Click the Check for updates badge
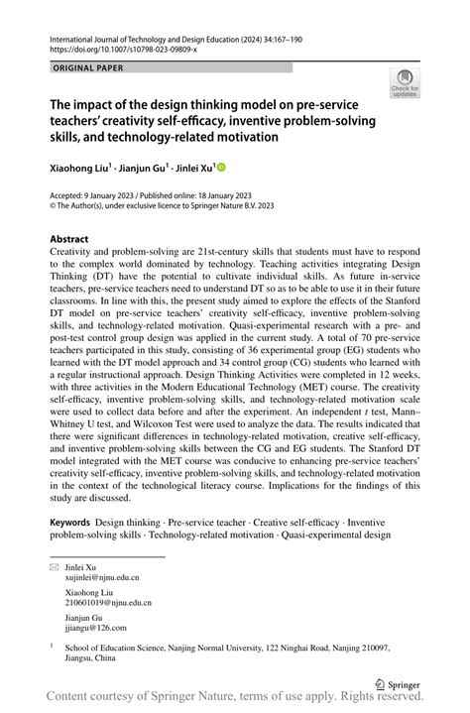click(x=406, y=83)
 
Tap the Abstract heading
click(x=69, y=239)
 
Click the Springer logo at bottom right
click(x=399, y=684)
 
